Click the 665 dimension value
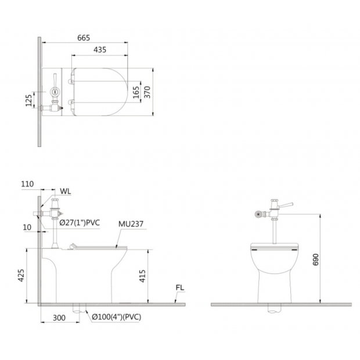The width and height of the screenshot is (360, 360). [84, 38]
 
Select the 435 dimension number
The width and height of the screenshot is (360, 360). [100, 50]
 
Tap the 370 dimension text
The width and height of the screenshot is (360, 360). [147, 92]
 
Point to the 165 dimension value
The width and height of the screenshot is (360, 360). [136, 92]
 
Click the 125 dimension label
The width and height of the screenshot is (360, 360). [28, 100]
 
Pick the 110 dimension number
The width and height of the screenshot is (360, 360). [27, 184]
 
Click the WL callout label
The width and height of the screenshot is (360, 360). [66, 191]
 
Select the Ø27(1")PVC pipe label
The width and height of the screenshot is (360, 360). [80, 222]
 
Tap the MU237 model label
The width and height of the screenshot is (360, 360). [131, 224]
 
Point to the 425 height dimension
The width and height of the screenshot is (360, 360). [21, 275]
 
